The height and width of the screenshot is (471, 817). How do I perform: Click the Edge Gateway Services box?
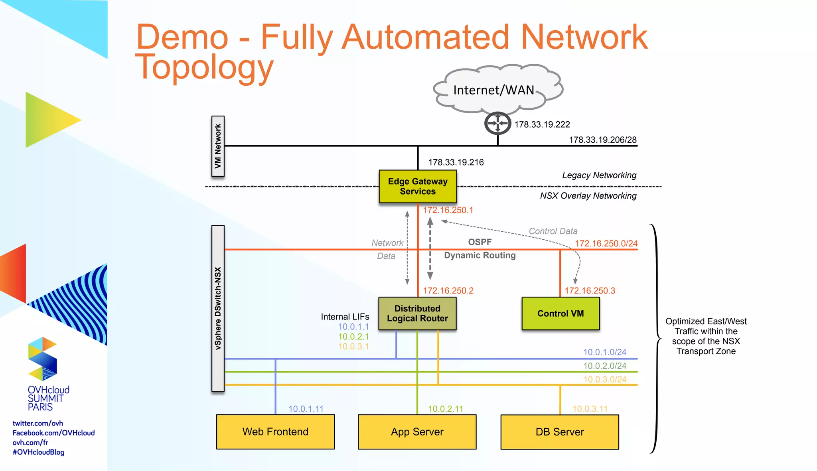[x=418, y=187]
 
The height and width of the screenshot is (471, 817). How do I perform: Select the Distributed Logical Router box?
[x=417, y=313]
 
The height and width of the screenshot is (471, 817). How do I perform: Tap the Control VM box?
[x=560, y=313]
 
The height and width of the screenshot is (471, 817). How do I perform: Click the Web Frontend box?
[x=275, y=432]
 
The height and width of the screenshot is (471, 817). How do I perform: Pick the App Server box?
[x=417, y=432]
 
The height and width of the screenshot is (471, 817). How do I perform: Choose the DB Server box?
[x=560, y=432]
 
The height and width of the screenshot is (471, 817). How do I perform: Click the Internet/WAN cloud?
[x=495, y=90]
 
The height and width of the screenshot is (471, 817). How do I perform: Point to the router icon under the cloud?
[x=497, y=123]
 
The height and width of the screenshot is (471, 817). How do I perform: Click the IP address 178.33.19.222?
[x=542, y=125]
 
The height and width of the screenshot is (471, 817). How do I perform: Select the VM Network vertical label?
[x=218, y=146]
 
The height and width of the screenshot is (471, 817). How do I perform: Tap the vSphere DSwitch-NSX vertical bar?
[x=218, y=308]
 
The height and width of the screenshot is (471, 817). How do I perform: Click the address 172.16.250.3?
[x=590, y=291]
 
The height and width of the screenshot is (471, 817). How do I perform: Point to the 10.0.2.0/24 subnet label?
[x=605, y=366]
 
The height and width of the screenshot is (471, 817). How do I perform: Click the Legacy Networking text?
[x=599, y=175]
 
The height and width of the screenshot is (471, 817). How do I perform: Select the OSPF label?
[x=480, y=242]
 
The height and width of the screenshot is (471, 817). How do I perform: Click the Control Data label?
[x=553, y=231]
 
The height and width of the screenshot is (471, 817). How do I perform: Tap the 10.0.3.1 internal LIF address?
[x=353, y=347]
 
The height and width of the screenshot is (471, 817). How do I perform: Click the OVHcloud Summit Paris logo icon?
[x=43, y=359]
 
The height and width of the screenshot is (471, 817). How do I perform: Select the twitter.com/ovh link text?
[x=38, y=423]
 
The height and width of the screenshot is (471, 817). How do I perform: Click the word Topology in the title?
[x=204, y=67]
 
